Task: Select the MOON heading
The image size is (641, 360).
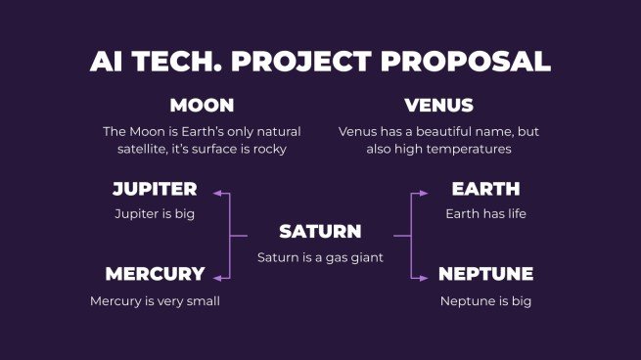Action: pyautogui.click(x=202, y=106)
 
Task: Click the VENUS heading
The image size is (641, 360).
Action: pyautogui.click(x=438, y=106)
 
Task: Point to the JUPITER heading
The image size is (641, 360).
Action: pyautogui.click(x=155, y=189)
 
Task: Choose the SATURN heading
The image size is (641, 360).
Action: pyautogui.click(x=320, y=232)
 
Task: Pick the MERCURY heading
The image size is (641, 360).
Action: pyautogui.click(x=155, y=274)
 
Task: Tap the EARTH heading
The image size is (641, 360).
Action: pyautogui.click(x=485, y=189)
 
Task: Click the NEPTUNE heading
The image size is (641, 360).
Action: pyautogui.click(x=485, y=274)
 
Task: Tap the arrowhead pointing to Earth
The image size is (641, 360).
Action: pyautogui.click(x=423, y=194)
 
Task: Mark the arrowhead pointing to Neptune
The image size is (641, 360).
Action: pyautogui.click(x=423, y=278)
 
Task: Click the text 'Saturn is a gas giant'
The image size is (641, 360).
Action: pyautogui.click(x=320, y=257)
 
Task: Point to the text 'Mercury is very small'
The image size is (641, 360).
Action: pyautogui.click(x=155, y=301)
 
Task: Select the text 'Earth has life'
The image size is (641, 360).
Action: pyautogui.click(x=485, y=213)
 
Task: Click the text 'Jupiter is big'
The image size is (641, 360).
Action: pyautogui.click(x=155, y=213)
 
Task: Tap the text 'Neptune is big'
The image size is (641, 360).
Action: pyautogui.click(x=485, y=301)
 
